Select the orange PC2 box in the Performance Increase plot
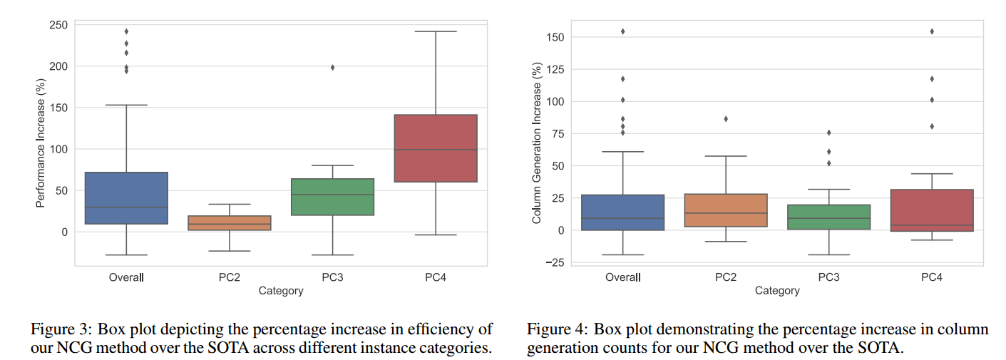click(230, 222)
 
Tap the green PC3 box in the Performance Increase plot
click(332, 197)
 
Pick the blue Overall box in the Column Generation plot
click(623, 212)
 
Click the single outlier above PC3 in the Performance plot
click(332, 68)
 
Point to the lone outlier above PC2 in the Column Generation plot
click(726, 119)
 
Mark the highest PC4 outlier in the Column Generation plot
click(932, 31)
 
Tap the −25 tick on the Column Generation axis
click(553, 263)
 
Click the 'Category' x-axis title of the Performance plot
click(281, 291)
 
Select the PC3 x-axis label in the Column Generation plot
click(829, 277)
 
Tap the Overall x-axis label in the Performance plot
click(126, 277)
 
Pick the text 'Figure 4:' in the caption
click(557, 329)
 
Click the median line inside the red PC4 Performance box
click(436, 150)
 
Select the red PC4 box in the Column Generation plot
click(932, 210)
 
